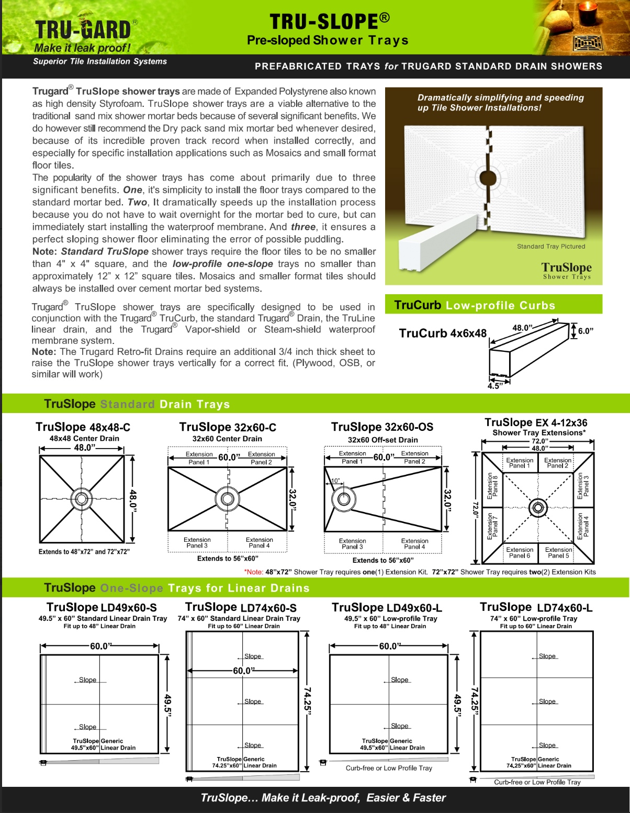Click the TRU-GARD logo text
(83, 30)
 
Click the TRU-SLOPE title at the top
(329, 21)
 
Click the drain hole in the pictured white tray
(488, 178)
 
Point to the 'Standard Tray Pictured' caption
(551, 247)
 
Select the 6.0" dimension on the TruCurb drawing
(586, 331)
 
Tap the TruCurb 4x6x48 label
(443, 333)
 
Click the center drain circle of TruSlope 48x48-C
(82, 498)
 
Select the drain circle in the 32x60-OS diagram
(344, 499)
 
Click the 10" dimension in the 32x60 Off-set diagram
(335, 481)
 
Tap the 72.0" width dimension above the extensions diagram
(538, 441)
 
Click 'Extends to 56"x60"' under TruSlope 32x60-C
(228, 559)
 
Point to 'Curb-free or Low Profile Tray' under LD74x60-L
(537, 782)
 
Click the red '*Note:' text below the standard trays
(254, 572)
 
